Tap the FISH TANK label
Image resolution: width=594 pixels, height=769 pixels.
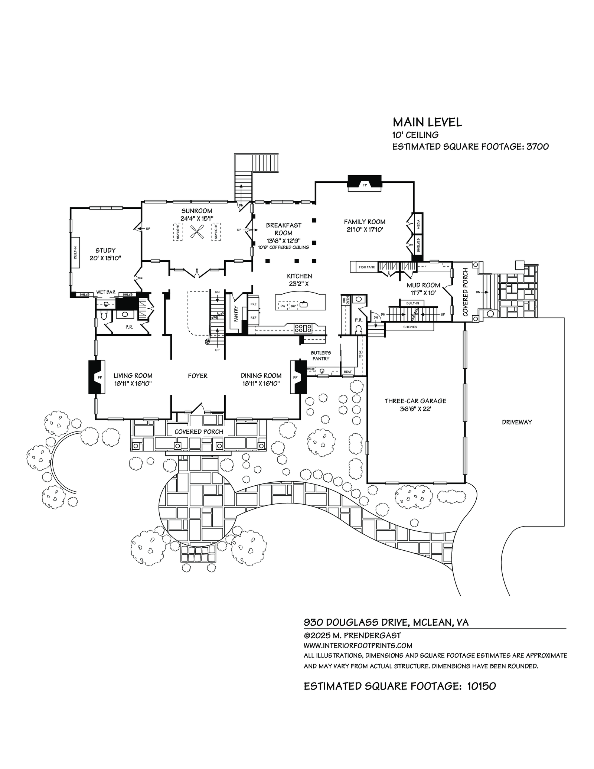[366, 267]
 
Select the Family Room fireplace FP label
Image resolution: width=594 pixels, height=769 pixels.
[365, 185]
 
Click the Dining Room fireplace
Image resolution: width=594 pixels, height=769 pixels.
[298, 377]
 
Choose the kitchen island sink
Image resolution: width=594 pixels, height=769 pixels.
[304, 305]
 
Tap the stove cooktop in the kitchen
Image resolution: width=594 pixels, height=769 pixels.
[303, 328]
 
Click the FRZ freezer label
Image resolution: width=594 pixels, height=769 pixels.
[254, 304]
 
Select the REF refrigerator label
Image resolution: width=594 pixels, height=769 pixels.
[254, 317]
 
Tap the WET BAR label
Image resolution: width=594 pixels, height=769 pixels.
[106, 292]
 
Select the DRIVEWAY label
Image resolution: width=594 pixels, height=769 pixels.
[517, 422]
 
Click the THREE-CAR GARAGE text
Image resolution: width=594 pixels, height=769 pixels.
[415, 401]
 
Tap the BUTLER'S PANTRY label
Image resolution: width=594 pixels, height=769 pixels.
[321, 356]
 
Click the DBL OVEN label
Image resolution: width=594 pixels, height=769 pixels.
[346, 300]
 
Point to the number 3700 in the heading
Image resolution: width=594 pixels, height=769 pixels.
[537, 147]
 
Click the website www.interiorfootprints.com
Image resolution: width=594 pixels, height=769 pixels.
[358, 646]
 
